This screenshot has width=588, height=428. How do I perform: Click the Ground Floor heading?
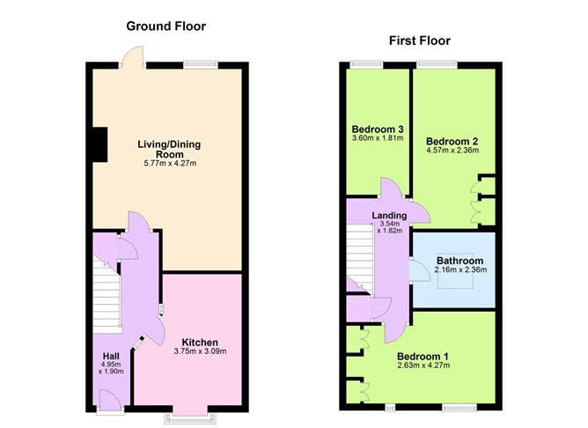165,26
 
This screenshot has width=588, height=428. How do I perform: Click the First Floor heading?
419,41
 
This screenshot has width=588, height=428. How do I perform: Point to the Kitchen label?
200,342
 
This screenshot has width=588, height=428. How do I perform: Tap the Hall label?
111,357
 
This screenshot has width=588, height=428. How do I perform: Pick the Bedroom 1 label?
423,357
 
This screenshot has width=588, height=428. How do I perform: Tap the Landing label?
389,215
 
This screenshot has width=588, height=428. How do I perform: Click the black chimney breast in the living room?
99,144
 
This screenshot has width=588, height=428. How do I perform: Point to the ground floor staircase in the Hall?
106,299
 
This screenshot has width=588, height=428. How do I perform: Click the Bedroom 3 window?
360,63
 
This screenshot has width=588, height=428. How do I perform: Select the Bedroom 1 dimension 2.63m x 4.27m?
423,367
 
